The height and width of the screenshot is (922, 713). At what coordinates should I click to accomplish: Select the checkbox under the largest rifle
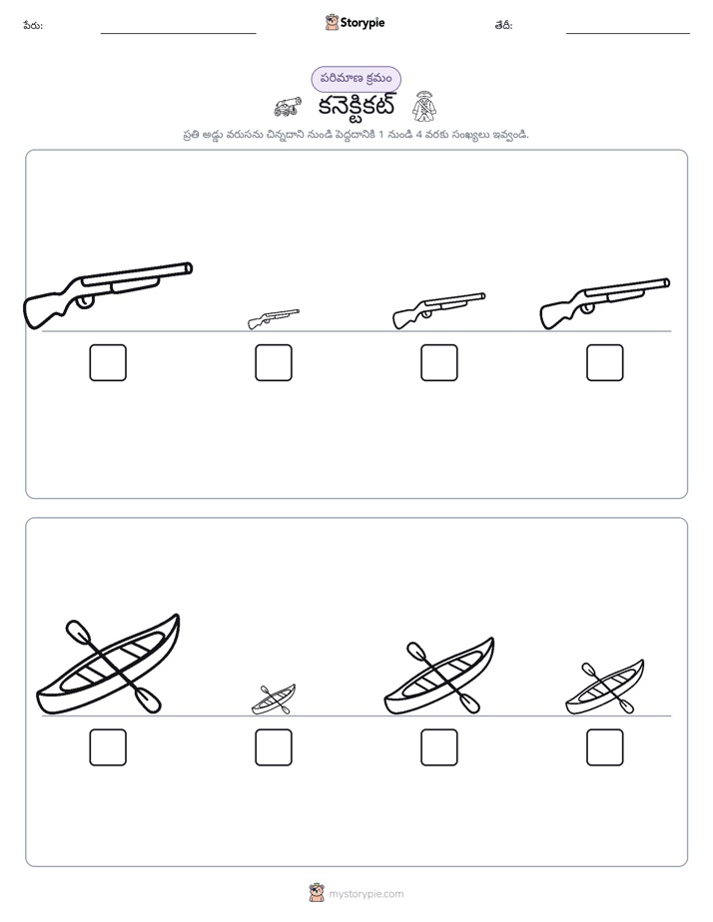[108, 363]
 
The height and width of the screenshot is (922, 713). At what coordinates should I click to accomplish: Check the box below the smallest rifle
[274, 363]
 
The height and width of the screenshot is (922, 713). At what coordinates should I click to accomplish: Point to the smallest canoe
[274, 699]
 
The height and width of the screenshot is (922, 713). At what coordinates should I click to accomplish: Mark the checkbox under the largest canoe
[108, 747]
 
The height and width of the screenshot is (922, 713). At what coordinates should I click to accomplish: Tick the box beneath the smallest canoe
[274, 747]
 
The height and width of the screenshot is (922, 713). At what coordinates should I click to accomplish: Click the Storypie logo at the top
[355, 22]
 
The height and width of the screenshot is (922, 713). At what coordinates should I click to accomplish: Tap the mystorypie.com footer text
[365, 894]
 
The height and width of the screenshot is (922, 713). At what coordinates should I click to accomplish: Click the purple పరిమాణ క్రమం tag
[356, 79]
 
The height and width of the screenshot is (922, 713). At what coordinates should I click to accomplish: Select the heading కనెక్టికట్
[356, 107]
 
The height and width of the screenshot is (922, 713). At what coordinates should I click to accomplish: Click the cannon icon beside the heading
[288, 107]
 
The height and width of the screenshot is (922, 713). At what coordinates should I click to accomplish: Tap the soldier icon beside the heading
[424, 106]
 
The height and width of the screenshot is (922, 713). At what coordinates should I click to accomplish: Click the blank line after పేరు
[178, 33]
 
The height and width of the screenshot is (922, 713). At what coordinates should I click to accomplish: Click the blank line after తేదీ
[628, 33]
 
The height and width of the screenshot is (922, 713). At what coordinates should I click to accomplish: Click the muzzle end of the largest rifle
[189, 268]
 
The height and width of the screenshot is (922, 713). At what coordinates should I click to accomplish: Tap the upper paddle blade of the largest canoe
[77, 631]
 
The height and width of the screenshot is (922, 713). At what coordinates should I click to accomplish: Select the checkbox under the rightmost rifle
[605, 363]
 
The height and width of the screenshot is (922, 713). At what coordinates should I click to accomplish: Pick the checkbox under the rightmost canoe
[605, 747]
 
